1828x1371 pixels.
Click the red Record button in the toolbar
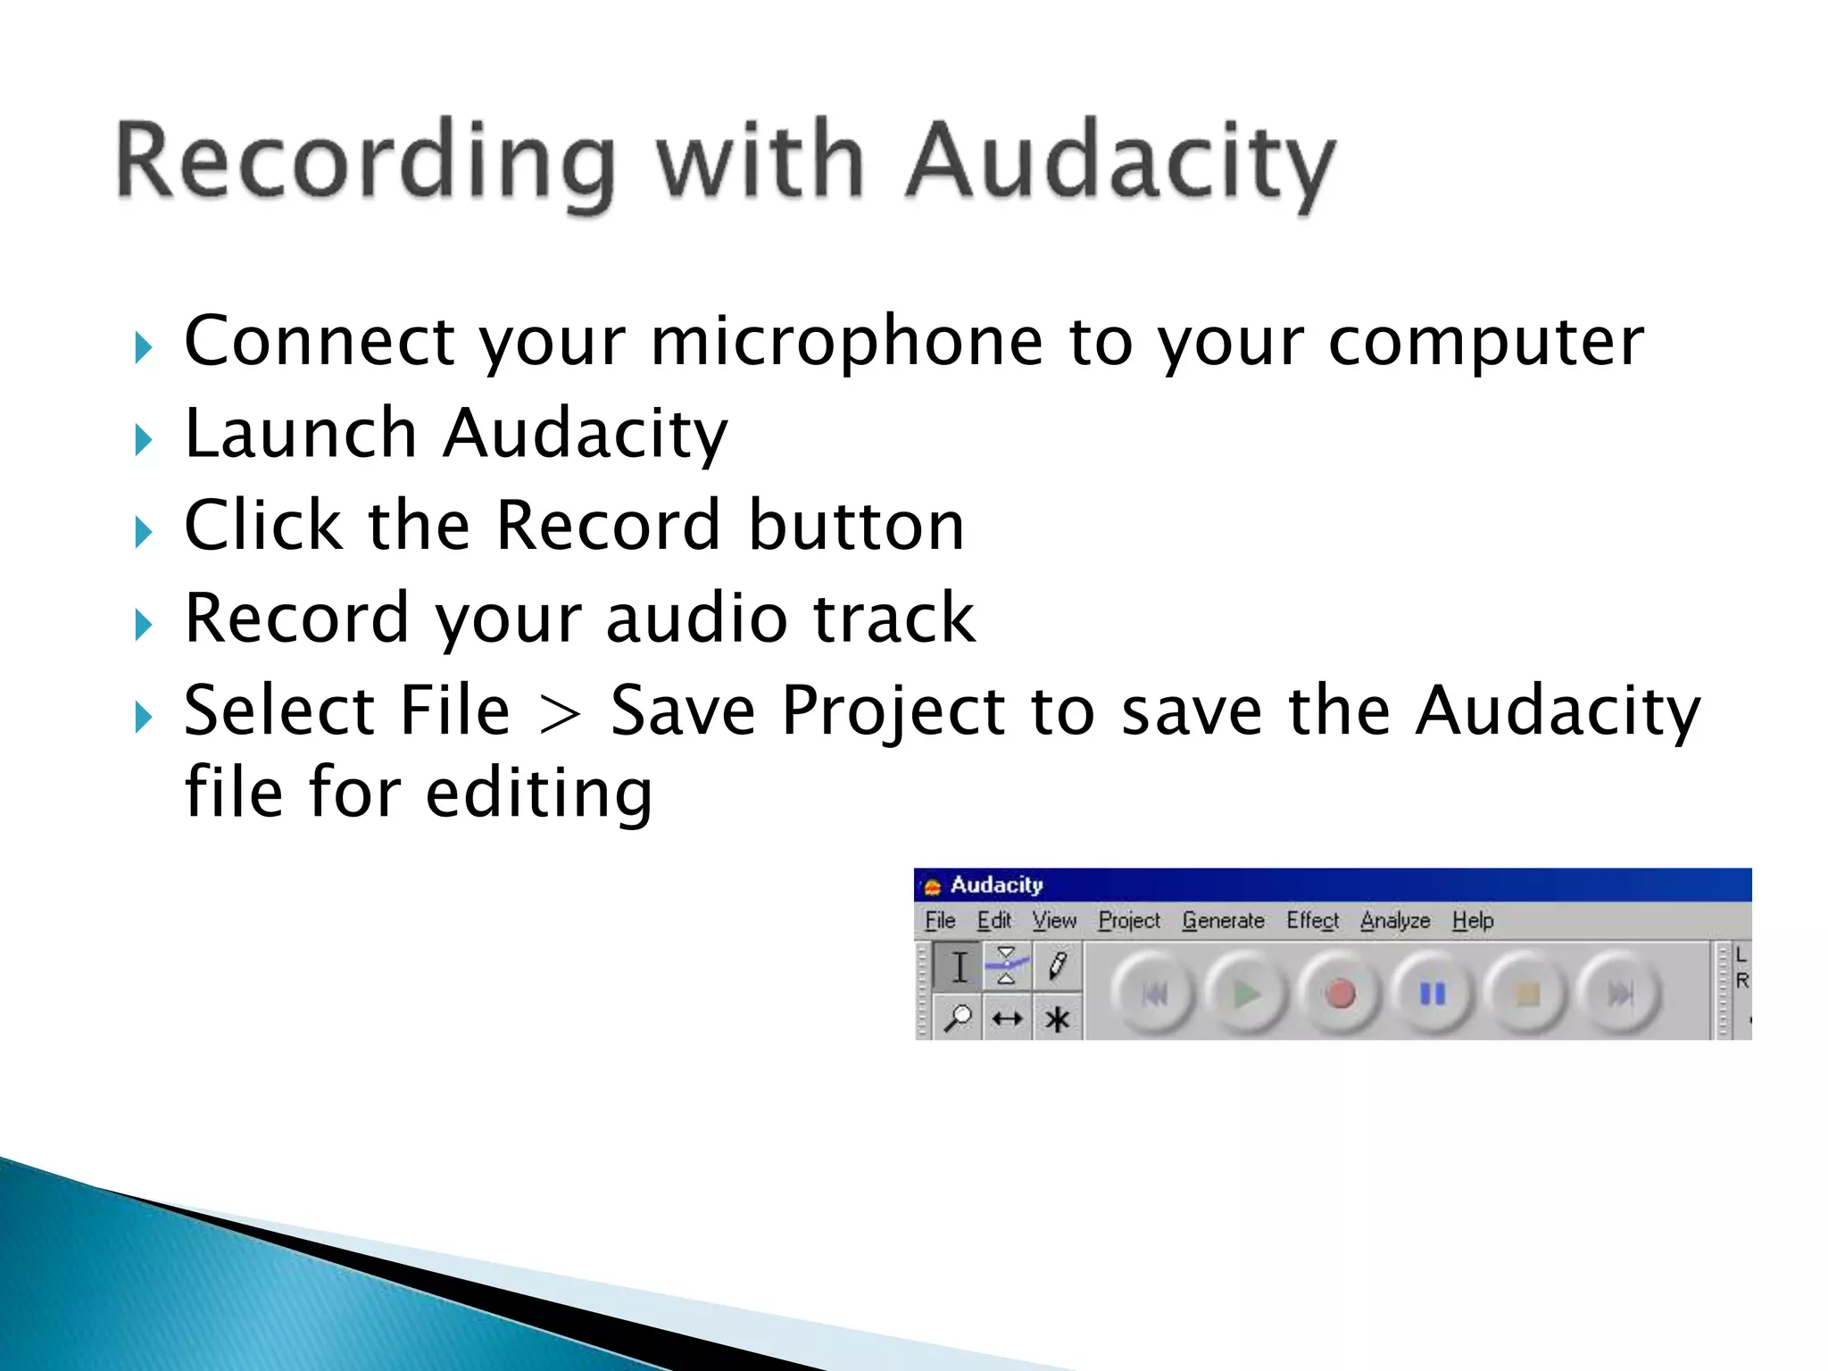(1339, 993)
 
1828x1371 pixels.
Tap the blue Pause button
(1433, 993)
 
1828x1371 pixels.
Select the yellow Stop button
(1527, 993)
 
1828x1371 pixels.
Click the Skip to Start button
(1154, 993)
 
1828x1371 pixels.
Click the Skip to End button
(1620, 993)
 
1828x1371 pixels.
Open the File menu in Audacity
(940, 920)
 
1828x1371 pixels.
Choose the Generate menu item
(1223, 920)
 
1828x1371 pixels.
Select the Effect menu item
(1312, 920)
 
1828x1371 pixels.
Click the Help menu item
(1472, 920)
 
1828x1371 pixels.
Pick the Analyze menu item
(1395, 920)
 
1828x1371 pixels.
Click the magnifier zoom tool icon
(958, 1018)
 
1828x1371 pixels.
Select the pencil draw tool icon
(1058, 966)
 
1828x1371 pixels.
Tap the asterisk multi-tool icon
(1058, 1018)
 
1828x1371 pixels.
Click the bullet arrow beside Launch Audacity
(144, 439)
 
